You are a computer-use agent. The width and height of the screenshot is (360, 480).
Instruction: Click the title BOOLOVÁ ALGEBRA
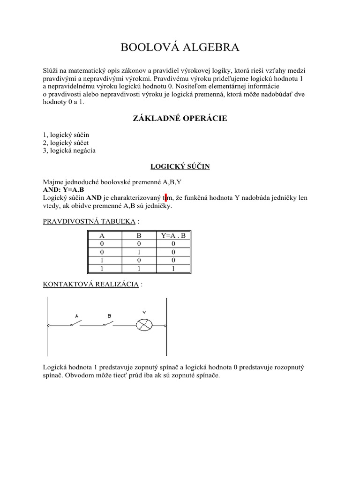(x=180, y=47)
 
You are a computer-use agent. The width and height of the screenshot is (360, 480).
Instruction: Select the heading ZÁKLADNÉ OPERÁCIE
(x=180, y=118)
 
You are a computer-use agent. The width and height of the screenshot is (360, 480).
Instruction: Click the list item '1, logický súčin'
(x=66, y=135)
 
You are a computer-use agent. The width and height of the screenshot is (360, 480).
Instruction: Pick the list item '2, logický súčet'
(x=66, y=142)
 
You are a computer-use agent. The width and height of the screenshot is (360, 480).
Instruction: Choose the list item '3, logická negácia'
(x=69, y=150)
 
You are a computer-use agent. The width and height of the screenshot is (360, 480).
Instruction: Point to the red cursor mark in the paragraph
(x=166, y=198)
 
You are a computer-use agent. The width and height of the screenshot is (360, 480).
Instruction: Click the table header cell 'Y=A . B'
(x=173, y=236)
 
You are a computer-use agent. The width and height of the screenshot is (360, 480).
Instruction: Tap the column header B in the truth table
(x=139, y=236)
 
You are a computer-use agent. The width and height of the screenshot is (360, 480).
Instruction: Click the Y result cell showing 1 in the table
(x=173, y=269)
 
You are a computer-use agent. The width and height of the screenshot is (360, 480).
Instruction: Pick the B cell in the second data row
(x=139, y=252)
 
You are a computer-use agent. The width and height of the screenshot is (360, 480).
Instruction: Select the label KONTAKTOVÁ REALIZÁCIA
(x=90, y=284)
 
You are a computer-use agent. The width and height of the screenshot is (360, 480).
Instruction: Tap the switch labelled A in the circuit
(x=76, y=323)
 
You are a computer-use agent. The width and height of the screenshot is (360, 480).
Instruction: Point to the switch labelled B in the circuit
(x=109, y=323)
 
